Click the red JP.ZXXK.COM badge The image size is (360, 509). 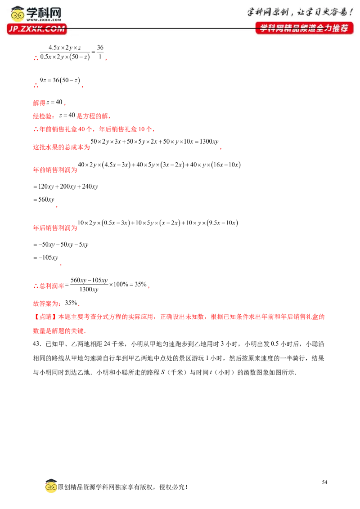(37, 29)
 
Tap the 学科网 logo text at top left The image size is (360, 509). (44, 13)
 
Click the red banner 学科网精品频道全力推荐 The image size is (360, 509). (304, 28)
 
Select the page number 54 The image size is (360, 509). (324, 482)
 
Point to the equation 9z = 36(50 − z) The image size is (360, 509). (60, 80)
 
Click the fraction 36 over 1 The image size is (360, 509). (100, 52)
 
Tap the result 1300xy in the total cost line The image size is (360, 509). (209, 141)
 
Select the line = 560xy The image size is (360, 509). (44, 199)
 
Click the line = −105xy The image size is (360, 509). (45, 257)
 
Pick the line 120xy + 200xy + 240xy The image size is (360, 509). (66, 186)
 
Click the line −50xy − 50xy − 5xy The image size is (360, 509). (61, 245)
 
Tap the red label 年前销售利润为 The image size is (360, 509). (55, 170)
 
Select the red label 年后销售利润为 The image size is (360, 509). (55, 228)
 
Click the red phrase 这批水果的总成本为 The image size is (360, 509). (61, 147)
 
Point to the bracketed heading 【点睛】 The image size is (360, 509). (45, 317)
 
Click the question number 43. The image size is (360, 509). (37, 344)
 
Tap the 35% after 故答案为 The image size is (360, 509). (71, 303)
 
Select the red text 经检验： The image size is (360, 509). (45, 116)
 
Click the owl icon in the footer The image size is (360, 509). (51, 486)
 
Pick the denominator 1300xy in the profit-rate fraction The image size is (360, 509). (89, 289)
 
